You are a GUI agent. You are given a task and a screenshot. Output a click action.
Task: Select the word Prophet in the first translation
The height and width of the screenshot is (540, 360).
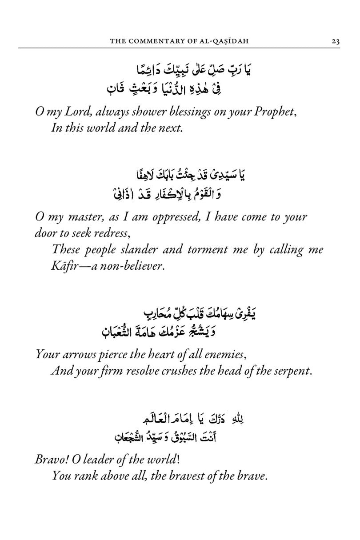point(275,113)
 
